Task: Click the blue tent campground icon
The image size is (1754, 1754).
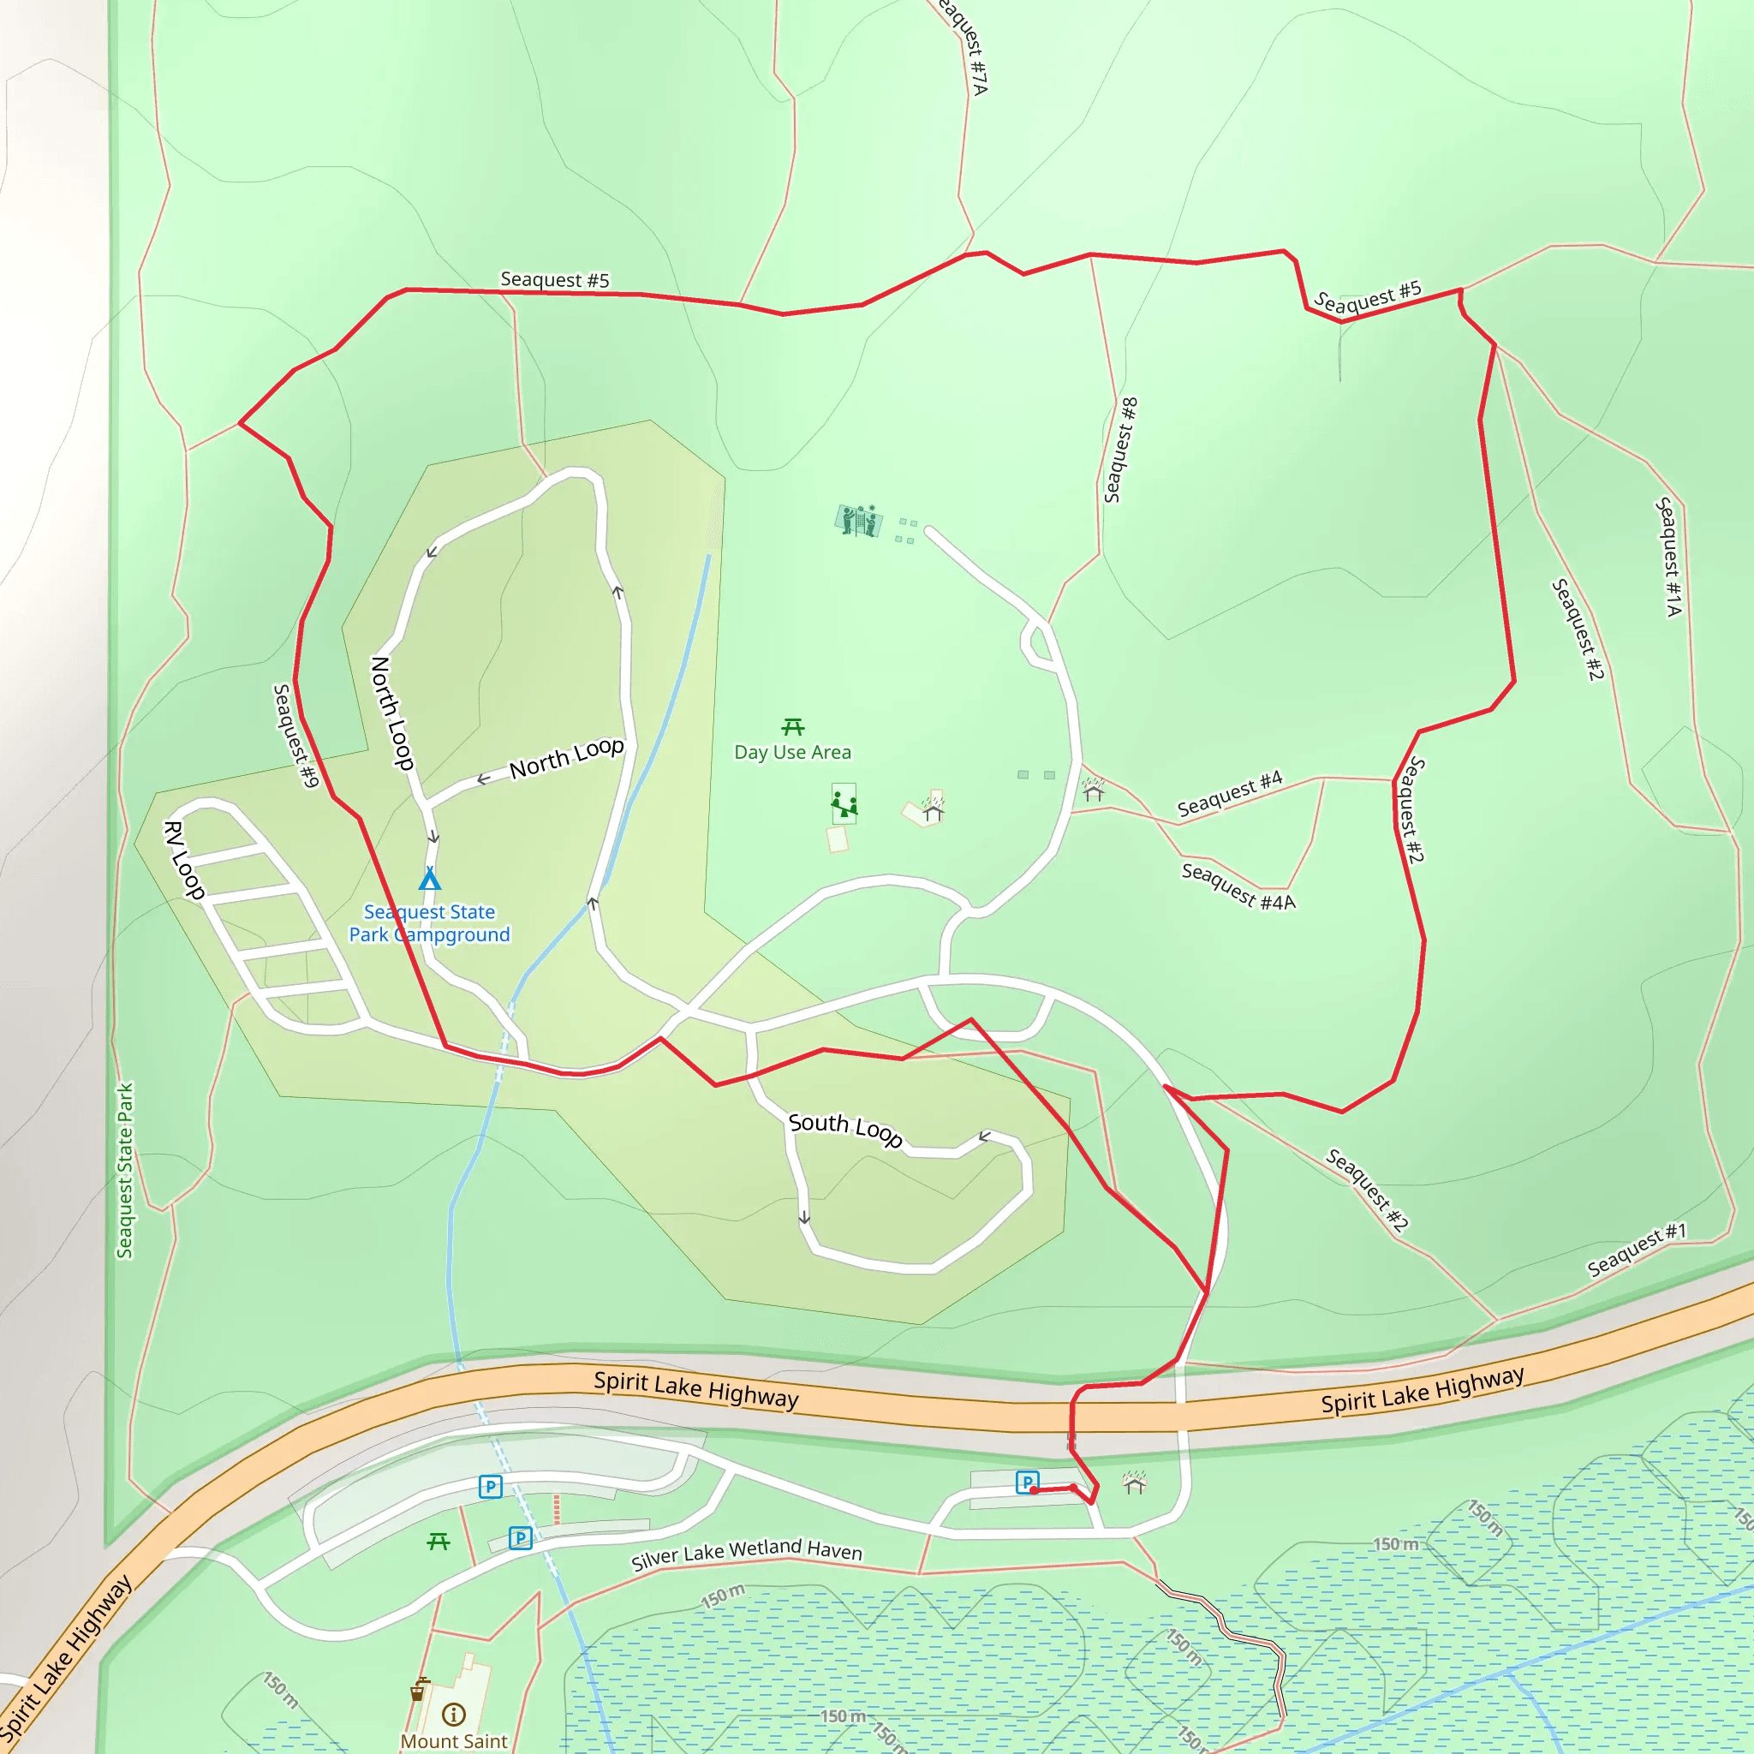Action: [x=429, y=879]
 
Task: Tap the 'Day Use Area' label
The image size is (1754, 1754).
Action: [x=792, y=752]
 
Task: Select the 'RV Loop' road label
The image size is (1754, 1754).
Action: [x=184, y=860]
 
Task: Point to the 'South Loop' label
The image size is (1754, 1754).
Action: [x=845, y=1129]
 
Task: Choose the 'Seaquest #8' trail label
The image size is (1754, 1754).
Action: [x=1120, y=450]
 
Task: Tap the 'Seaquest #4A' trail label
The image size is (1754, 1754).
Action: [x=1238, y=886]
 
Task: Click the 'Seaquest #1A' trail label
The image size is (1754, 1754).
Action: [x=1668, y=557]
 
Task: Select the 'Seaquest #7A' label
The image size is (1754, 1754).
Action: [x=965, y=45]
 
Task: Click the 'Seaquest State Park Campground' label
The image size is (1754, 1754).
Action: [x=429, y=923]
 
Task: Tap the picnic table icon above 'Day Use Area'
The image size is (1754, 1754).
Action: [x=792, y=727]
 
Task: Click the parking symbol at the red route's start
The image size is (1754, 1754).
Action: [x=1027, y=1483]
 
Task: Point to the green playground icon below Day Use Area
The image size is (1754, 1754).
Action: [x=844, y=803]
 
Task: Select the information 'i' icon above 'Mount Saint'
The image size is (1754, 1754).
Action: [x=453, y=1714]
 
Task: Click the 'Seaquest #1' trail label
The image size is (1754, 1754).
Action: [x=1636, y=1251]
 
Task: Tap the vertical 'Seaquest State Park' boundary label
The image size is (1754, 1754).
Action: [x=124, y=1170]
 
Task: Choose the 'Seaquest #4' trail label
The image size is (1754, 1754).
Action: [x=1229, y=792]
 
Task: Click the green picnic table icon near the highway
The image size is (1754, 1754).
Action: [x=438, y=1542]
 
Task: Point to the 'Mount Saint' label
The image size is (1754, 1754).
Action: [x=454, y=1741]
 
